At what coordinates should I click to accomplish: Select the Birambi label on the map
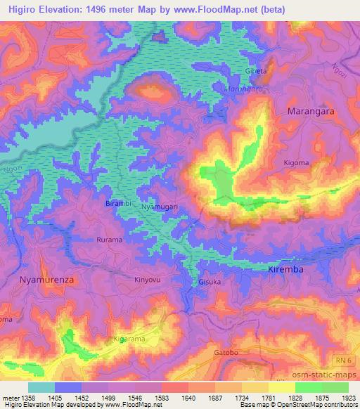117,202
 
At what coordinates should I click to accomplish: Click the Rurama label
109,240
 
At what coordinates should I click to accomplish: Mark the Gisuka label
210,283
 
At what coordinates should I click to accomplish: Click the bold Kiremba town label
289,270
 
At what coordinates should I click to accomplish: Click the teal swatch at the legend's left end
41,387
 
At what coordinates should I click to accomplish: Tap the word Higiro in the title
25,9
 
